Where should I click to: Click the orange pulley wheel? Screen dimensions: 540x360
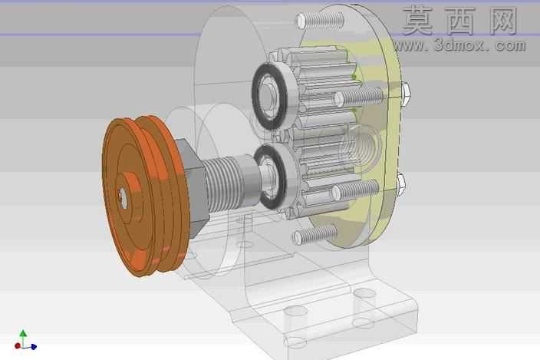click(145, 197)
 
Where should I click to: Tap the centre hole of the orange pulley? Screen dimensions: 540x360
click(123, 197)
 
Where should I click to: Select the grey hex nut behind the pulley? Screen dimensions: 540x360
click(193, 188)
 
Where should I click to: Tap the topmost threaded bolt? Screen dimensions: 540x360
click(320, 20)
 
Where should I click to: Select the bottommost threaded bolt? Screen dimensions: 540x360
click(314, 234)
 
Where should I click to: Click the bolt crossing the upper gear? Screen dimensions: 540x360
click(358, 97)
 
